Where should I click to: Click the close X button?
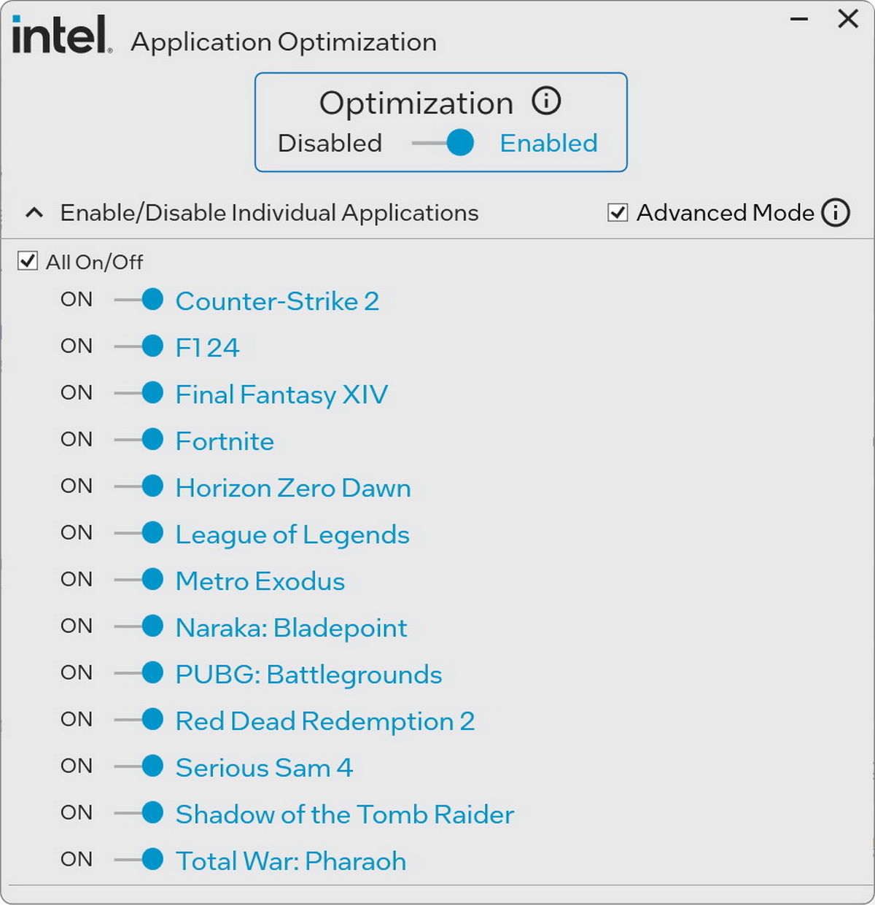847,19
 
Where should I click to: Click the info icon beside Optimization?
546,101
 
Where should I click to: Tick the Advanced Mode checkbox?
618,213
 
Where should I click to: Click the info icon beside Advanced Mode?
836,213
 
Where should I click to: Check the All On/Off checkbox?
28,261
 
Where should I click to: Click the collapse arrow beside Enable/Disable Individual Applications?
34,213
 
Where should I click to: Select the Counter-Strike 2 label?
277,301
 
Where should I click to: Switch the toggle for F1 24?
139,346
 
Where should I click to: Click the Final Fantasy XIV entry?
281,395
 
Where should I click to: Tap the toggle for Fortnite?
139,439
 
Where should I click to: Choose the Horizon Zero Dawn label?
293,488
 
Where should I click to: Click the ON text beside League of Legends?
77,533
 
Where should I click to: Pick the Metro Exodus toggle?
139,579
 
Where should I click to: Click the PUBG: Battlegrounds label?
308,675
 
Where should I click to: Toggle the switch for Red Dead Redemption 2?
139,719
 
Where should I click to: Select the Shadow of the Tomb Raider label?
345,815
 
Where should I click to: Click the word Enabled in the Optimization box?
548,143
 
